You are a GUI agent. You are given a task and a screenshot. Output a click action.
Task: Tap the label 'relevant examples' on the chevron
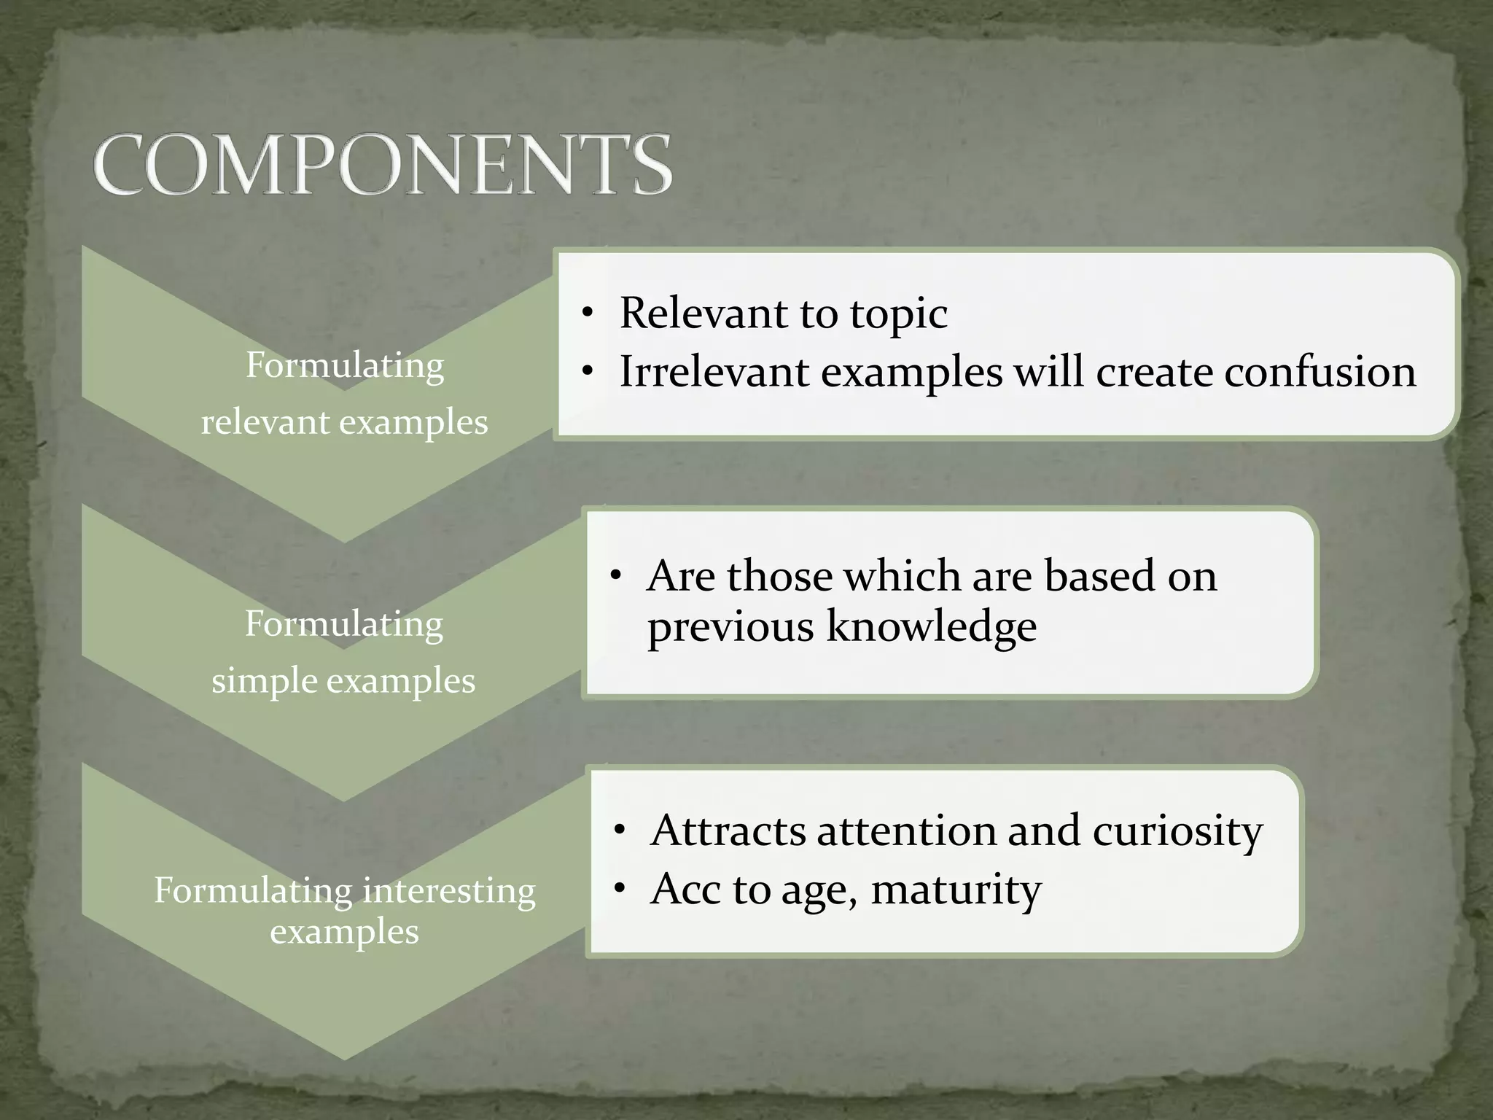click(344, 422)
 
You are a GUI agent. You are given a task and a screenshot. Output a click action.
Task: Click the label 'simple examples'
click(343, 681)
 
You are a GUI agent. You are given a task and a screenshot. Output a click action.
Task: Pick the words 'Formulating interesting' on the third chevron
click(344, 890)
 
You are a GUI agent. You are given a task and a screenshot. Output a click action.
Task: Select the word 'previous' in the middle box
click(730, 627)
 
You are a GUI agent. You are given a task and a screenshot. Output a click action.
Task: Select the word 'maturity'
click(956, 890)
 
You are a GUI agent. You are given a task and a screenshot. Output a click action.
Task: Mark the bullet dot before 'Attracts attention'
click(620, 832)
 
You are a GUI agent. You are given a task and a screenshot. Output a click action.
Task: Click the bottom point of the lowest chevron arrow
click(344, 1057)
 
